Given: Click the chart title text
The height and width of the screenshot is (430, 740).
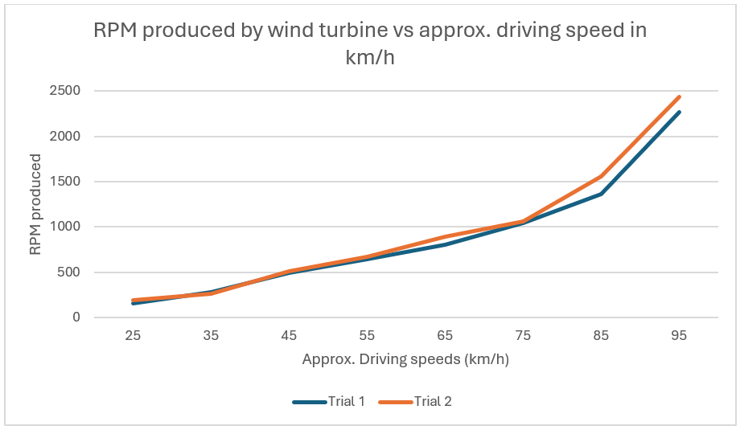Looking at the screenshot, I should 370,43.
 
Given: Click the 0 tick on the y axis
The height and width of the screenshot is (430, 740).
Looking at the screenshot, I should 76,317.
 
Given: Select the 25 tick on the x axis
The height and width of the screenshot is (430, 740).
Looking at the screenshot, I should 133,335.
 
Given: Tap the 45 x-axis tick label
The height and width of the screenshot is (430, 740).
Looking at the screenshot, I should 289,335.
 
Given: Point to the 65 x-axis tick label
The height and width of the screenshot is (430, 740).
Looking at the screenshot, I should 445,335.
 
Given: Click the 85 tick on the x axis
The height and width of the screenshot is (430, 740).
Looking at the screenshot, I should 601,335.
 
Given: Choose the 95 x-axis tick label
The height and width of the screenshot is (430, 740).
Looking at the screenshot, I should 679,335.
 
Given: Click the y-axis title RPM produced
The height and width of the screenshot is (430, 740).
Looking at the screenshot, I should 35,204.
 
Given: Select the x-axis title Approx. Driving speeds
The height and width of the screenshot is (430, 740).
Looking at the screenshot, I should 405,359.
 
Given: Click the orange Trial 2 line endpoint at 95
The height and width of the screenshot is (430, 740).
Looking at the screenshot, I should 679,97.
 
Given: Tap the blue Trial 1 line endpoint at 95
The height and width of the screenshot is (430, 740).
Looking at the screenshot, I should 679,113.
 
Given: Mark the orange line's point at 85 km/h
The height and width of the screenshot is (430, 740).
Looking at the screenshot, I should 601,176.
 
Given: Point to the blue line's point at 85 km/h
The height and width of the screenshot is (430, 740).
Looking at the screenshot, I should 601,194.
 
